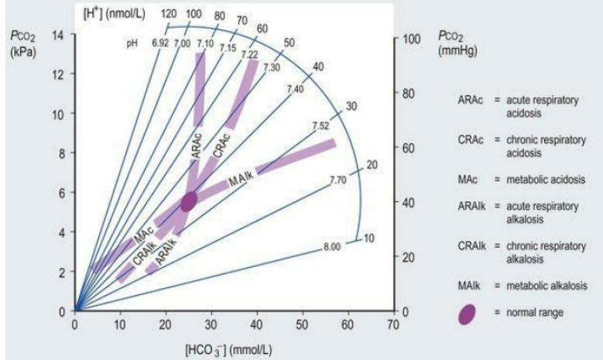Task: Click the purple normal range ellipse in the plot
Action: tap(190, 201)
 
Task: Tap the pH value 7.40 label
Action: tap(295, 91)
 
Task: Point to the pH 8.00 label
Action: tap(331, 247)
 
